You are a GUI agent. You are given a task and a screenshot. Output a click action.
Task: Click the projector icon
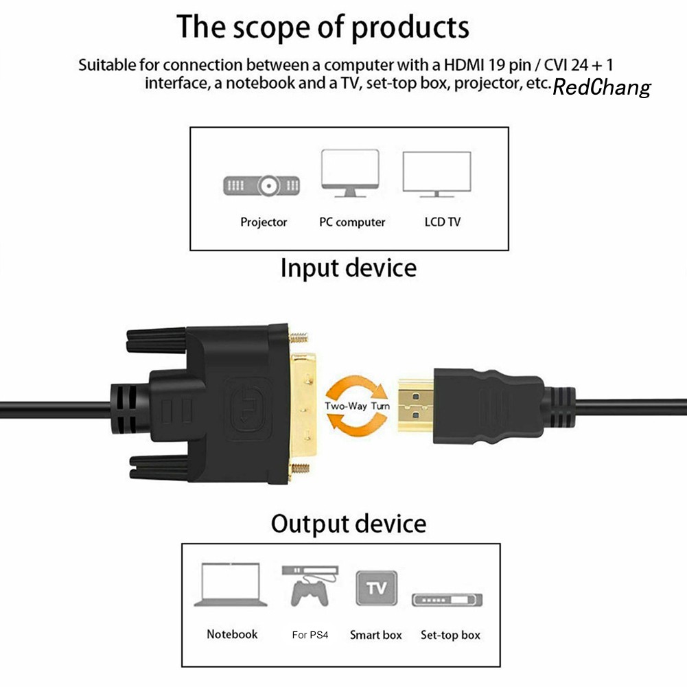263,185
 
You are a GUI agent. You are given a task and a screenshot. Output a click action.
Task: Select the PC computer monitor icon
350,172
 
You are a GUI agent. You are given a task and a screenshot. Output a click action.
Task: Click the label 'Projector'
264,222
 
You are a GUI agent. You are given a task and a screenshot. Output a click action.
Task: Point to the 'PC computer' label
352,222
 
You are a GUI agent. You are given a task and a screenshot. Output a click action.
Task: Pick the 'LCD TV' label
443,222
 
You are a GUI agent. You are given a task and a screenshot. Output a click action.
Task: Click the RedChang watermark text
601,87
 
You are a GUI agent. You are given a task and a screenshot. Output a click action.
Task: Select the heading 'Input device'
348,268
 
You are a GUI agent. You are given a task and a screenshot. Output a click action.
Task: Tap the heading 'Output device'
348,524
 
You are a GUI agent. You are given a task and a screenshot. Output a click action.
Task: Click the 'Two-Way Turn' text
358,406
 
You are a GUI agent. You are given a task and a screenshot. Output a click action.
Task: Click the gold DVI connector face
305,405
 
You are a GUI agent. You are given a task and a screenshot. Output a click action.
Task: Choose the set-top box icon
447,599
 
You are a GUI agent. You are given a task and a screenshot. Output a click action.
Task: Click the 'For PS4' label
310,635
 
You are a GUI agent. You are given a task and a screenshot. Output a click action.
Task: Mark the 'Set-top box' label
450,635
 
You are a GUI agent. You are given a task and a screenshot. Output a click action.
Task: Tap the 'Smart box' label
375,635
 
